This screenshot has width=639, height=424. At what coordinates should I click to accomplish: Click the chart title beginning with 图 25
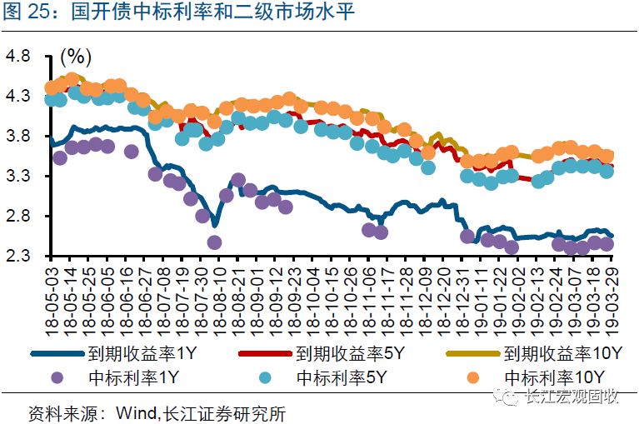(180, 15)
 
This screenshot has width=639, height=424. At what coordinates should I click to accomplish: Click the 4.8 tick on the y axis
(18, 57)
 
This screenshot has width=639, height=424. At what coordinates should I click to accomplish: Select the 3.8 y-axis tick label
(18, 137)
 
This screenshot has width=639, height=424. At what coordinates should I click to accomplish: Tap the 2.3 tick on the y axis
(18, 257)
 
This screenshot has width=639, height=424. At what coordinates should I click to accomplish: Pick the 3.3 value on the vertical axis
(18, 177)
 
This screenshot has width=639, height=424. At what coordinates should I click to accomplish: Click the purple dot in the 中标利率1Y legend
(57, 377)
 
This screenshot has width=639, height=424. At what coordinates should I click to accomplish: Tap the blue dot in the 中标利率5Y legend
(266, 377)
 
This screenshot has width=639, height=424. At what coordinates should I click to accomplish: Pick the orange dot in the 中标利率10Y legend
(473, 377)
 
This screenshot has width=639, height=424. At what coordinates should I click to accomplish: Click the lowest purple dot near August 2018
(214, 242)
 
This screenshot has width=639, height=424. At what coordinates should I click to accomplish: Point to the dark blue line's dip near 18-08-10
(215, 224)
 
